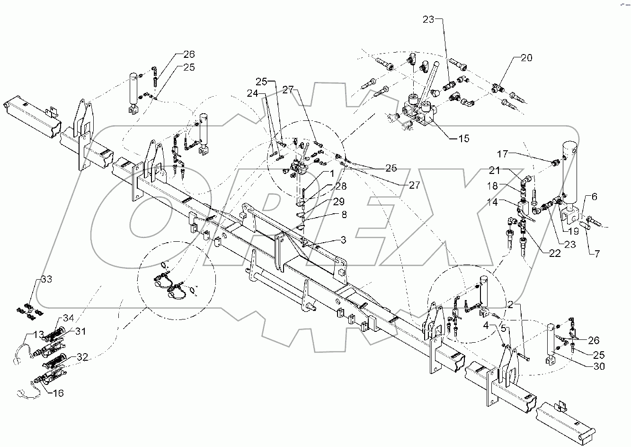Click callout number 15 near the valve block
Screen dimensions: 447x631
[463, 138]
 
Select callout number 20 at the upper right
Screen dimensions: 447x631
[526, 58]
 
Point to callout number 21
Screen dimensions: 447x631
[507, 170]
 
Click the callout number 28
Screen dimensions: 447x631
[340, 187]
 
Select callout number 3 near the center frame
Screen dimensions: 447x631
[342, 241]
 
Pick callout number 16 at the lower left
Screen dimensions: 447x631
[57, 393]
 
